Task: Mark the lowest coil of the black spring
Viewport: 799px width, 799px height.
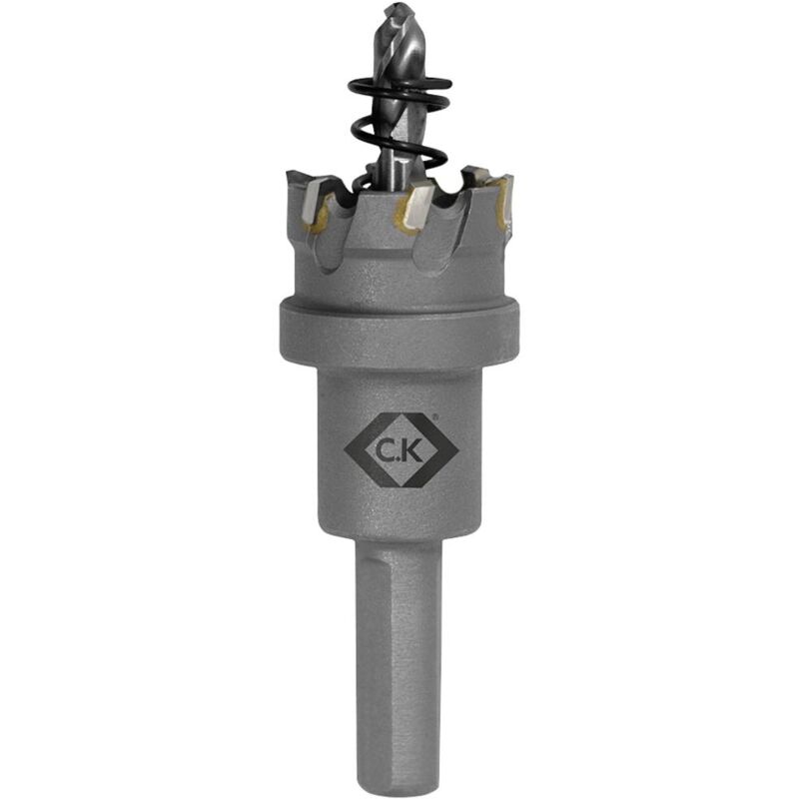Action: [399, 180]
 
